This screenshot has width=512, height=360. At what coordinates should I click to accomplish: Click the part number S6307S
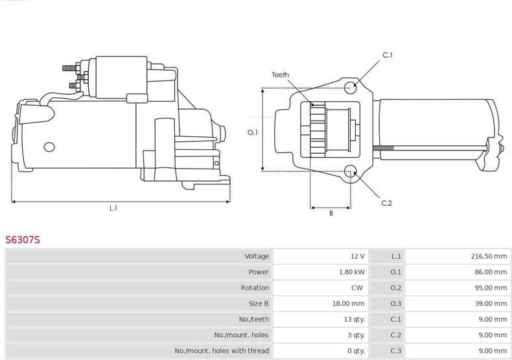coord(23,240)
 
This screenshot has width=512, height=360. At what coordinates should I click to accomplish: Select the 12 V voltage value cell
coord(357,256)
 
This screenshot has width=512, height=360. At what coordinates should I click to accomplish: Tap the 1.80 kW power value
coord(352,272)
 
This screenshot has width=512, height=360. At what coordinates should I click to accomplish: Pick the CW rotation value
coord(357,287)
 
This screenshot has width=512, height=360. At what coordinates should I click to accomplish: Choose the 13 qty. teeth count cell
coord(355,319)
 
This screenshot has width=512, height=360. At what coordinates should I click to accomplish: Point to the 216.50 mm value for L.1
coord(489,256)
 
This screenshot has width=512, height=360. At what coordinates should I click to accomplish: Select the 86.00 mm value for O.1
coord(491,272)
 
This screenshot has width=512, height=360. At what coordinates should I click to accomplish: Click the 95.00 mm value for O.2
coord(491,287)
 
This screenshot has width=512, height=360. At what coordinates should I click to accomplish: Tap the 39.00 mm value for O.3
coord(491,304)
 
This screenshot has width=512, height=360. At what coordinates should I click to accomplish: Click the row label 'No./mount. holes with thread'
coord(222,351)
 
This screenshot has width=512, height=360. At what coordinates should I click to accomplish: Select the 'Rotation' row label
coord(255,287)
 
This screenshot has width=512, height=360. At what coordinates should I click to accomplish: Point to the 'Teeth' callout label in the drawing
coord(280,75)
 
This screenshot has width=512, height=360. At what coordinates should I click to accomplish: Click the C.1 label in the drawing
coord(388,55)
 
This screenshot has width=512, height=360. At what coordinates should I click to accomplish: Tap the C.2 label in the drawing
coord(386,203)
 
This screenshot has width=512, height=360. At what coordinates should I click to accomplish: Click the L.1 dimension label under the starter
coord(113,208)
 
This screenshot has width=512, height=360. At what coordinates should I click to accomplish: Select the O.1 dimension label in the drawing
coord(253,132)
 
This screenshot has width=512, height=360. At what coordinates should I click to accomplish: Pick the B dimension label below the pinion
coord(331,213)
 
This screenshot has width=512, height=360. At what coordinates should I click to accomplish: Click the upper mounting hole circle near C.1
coord(351,87)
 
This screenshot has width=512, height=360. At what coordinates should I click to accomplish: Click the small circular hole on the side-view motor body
coord(48,147)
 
